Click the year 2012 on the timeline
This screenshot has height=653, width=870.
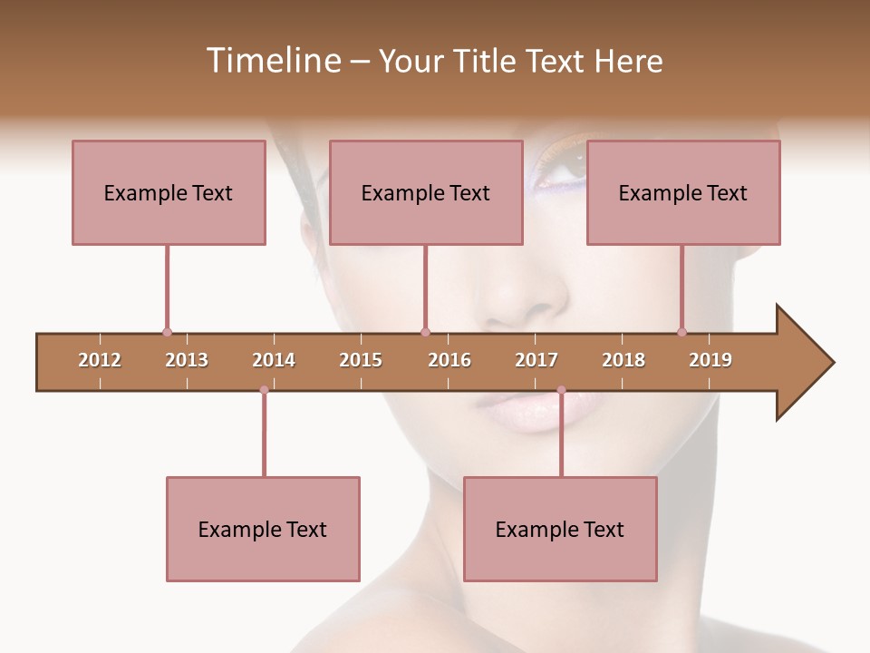pos(100,360)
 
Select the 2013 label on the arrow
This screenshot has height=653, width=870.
pos(187,360)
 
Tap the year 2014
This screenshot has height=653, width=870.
pos(274,360)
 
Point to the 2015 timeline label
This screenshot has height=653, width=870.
pos(361,360)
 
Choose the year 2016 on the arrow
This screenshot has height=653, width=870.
pos(449,360)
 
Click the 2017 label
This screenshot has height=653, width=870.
pos(536,360)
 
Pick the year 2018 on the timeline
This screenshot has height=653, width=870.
pos(623,360)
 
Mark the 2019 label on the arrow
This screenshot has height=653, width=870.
pos(710,360)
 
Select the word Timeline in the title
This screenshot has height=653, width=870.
pos(272,61)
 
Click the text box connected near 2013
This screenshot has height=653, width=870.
pos(169,192)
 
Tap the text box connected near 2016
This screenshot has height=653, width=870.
pos(426,192)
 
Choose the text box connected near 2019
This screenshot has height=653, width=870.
pos(683,192)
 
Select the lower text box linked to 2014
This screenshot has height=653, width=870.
pos(263,529)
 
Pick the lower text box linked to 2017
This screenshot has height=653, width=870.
pos(560,529)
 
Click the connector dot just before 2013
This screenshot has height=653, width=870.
pos(167,332)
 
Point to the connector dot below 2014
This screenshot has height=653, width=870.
pos(264,390)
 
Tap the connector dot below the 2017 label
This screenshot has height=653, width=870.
pos(561,390)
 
